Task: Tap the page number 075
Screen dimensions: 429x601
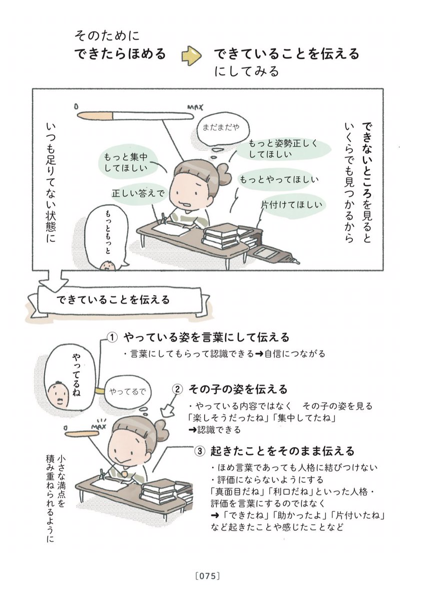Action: tap(208, 575)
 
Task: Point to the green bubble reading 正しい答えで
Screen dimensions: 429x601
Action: tap(138, 194)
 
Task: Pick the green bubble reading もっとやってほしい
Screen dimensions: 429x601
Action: tap(278, 180)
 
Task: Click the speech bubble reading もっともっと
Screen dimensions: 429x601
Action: tap(107, 236)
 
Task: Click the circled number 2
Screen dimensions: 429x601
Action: tap(177, 389)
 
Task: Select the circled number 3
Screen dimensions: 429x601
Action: tap(200, 451)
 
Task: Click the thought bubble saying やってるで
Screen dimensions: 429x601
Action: tap(127, 392)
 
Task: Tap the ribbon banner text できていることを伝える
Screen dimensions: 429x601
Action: tap(113, 300)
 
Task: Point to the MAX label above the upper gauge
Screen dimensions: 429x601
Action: tap(195, 108)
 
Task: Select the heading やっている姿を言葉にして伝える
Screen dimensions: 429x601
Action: tap(206, 338)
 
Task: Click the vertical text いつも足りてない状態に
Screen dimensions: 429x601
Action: tap(51, 182)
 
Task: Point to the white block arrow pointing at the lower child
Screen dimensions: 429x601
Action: tap(167, 411)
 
